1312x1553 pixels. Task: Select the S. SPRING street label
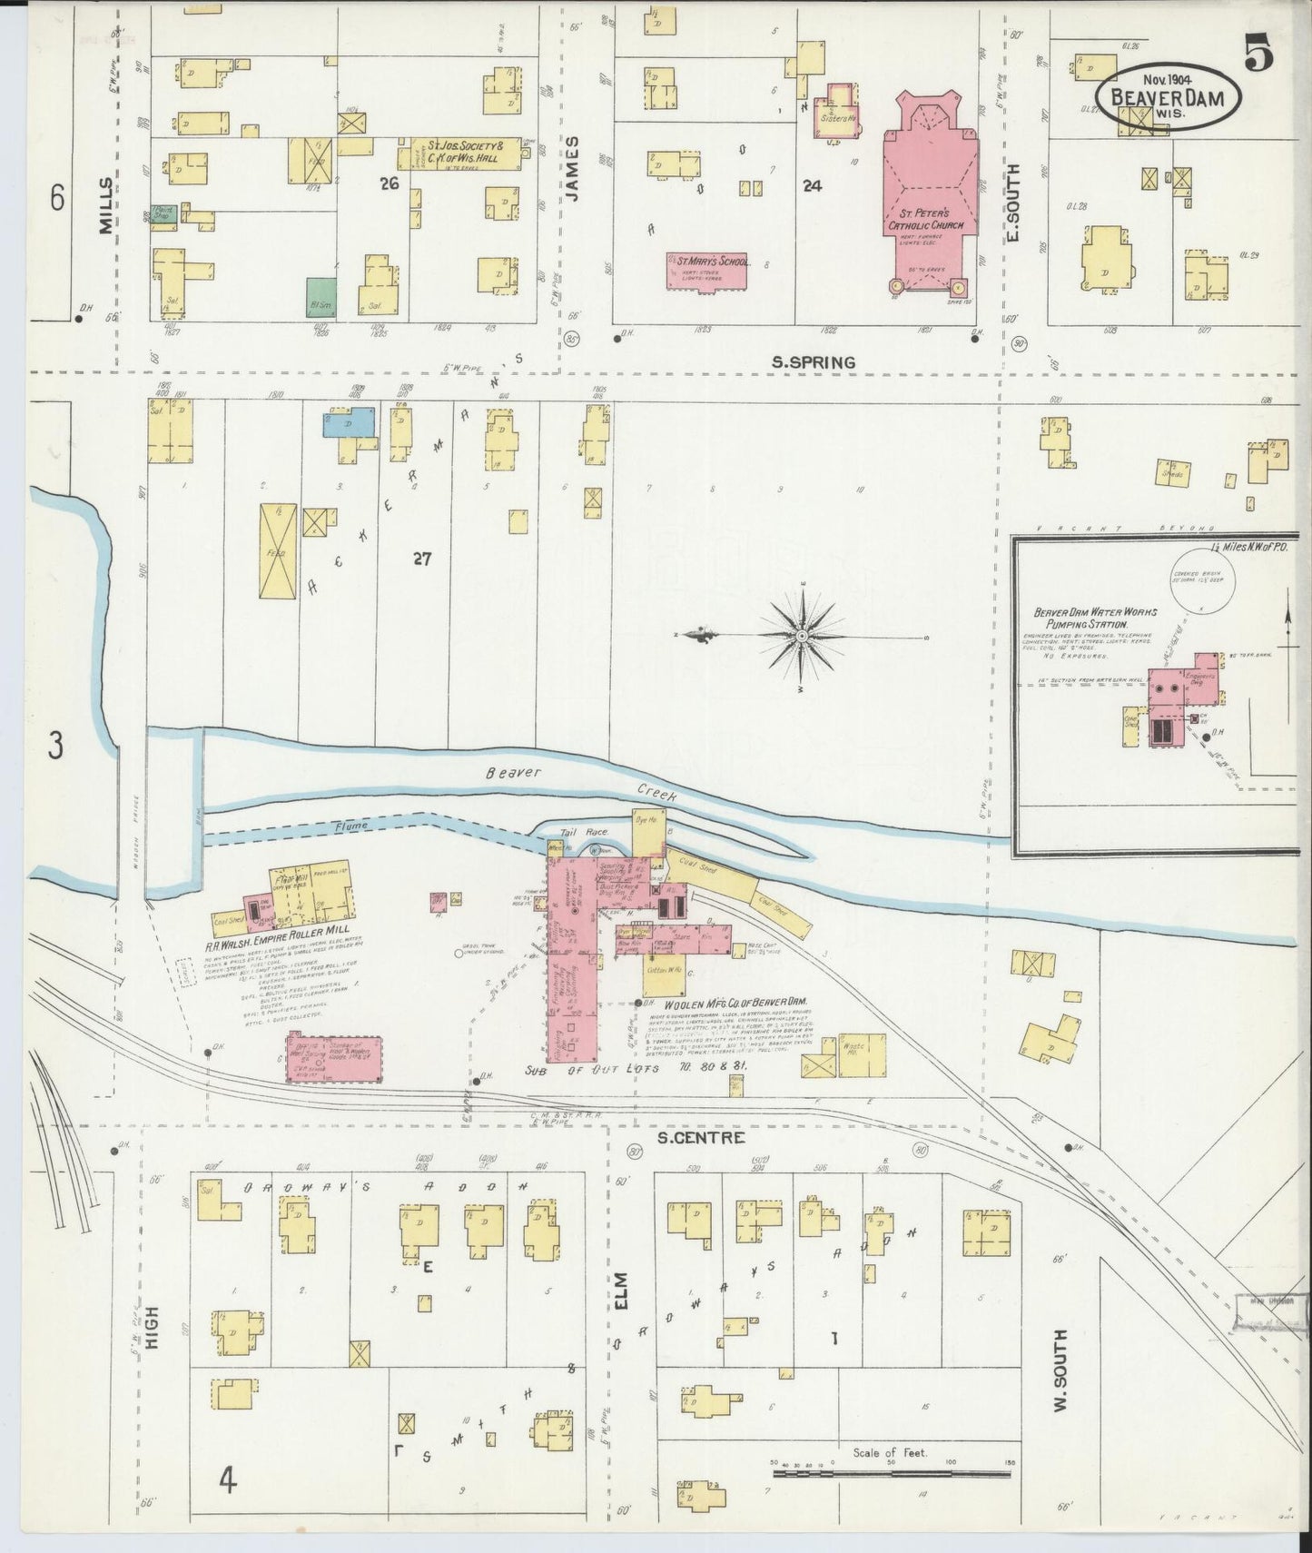click(813, 362)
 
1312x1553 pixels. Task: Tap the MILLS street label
click(107, 206)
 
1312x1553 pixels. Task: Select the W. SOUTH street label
click(1059, 1383)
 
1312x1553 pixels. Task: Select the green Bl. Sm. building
click(319, 297)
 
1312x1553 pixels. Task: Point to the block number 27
click(421, 559)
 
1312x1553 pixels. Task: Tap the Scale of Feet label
click(890, 1453)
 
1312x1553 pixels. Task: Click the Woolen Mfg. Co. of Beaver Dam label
click(735, 1004)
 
